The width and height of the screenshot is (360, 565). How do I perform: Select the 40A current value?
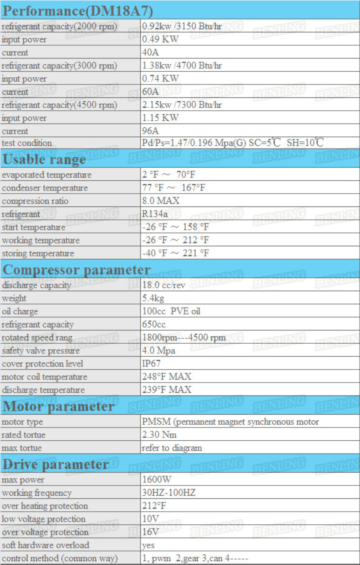(x=150, y=53)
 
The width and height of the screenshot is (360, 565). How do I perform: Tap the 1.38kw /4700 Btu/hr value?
(x=182, y=65)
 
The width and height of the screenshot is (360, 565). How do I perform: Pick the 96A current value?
(x=150, y=131)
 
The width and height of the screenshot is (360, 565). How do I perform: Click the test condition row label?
(x=26, y=143)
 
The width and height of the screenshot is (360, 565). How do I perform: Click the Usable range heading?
(x=44, y=159)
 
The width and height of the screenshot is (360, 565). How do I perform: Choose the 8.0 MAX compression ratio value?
(x=161, y=201)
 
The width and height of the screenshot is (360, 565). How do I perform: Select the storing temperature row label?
(x=38, y=253)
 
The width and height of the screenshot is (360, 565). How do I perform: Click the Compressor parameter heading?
(x=76, y=270)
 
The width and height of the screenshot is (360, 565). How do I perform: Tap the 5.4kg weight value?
(x=153, y=298)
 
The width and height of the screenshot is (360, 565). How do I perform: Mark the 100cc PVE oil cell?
(x=171, y=311)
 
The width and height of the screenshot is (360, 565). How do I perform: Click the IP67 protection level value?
(x=151, y=364)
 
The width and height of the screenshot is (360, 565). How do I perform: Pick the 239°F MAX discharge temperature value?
(x=166, y=390)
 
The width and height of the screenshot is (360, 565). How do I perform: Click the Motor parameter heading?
(x=58, y=406)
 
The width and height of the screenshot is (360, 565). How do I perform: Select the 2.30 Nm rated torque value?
(x=159, y=435)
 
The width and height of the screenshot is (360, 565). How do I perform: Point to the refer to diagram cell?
(x=172, y=448)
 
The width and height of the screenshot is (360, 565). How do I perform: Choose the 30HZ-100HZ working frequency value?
(x=169, y=493)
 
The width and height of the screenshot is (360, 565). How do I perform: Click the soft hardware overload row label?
(x=45, y=545)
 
